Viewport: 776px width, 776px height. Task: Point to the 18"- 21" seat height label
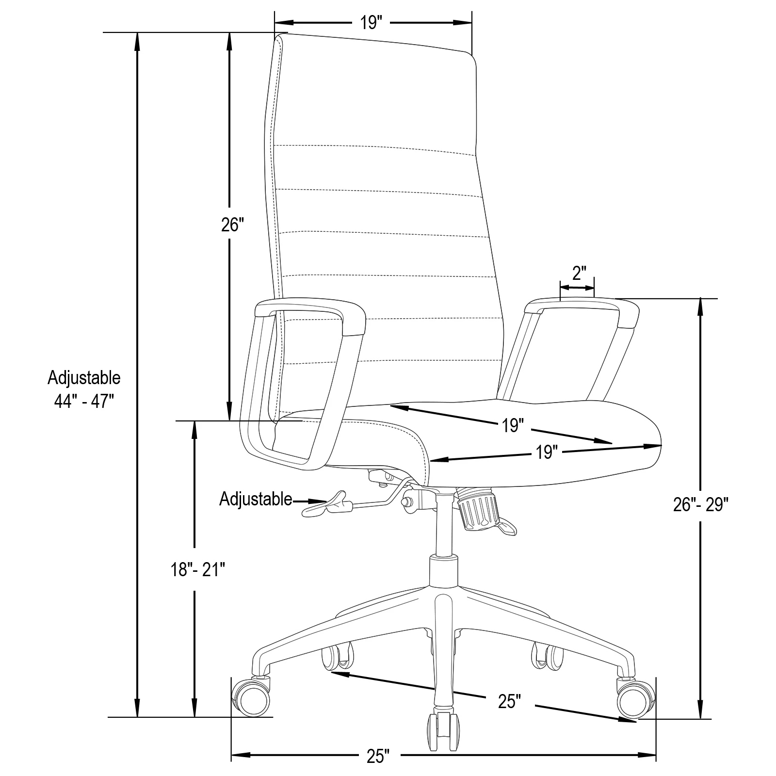click(198, 569)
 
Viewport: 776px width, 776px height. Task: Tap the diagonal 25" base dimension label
click(509, 701)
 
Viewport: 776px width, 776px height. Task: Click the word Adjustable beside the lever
click(256, 499)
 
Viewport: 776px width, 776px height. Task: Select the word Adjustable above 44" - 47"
click(83, 377)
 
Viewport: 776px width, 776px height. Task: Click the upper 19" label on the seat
click(513, 425)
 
